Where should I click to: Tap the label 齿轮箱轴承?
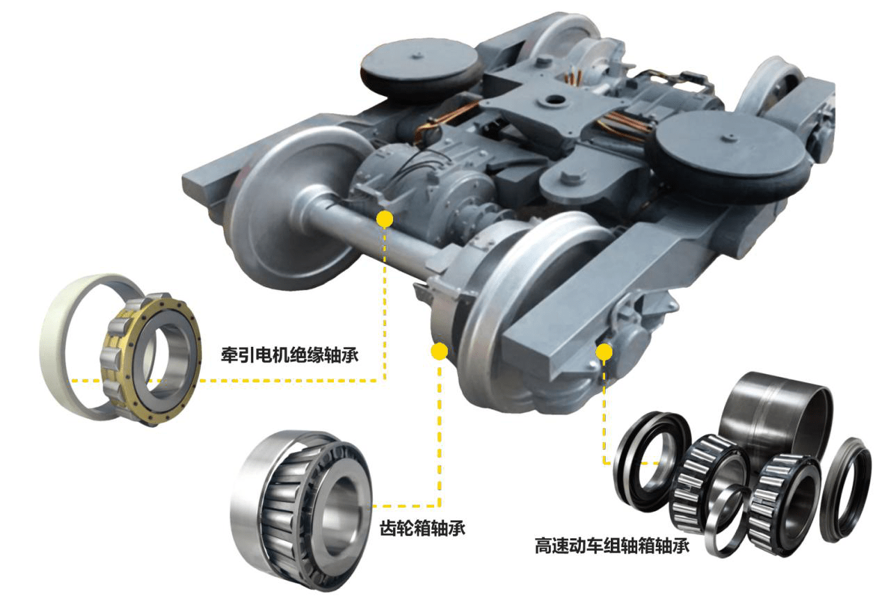[422, 528]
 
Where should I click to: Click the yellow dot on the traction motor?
[384, 219]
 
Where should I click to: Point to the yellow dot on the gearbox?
[438, 351]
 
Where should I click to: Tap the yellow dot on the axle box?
[604, 352]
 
